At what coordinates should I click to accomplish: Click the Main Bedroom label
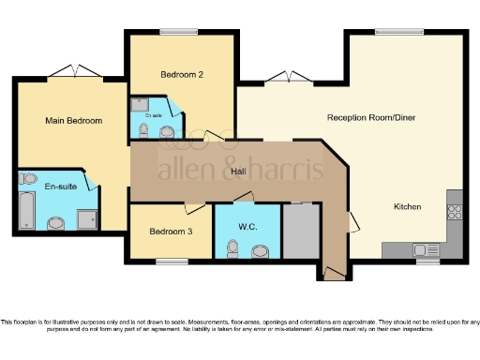(x=73, y=121)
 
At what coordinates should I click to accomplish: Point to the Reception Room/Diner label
(x=370, y=117)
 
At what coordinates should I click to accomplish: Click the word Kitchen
(x=407, y=206)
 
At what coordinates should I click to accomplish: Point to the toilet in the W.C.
(x=233, y=247)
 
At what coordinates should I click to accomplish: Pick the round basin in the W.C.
(x=260, y=249)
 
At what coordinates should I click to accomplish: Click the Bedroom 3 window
(x=172, y=260)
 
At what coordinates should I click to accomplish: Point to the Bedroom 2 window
(x=180, y=33)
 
